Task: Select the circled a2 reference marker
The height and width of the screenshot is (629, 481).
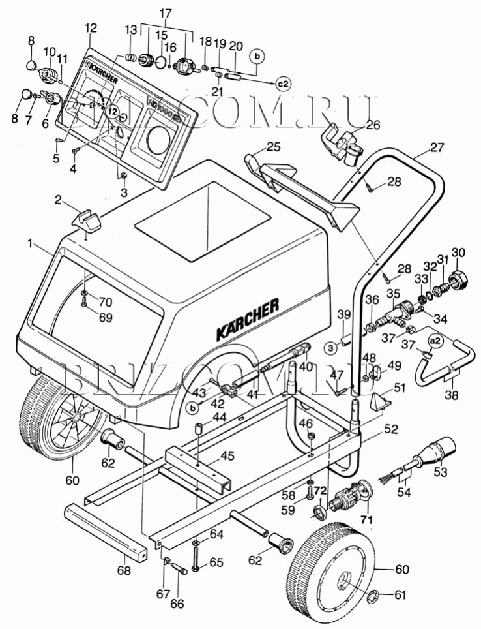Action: point(435,340)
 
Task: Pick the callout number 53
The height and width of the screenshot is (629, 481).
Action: point(441,470)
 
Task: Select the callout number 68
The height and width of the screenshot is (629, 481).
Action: point(123,571)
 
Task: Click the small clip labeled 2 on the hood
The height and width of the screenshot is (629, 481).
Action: point(88,220)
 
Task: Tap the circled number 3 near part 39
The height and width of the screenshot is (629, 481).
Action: point(331,347)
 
